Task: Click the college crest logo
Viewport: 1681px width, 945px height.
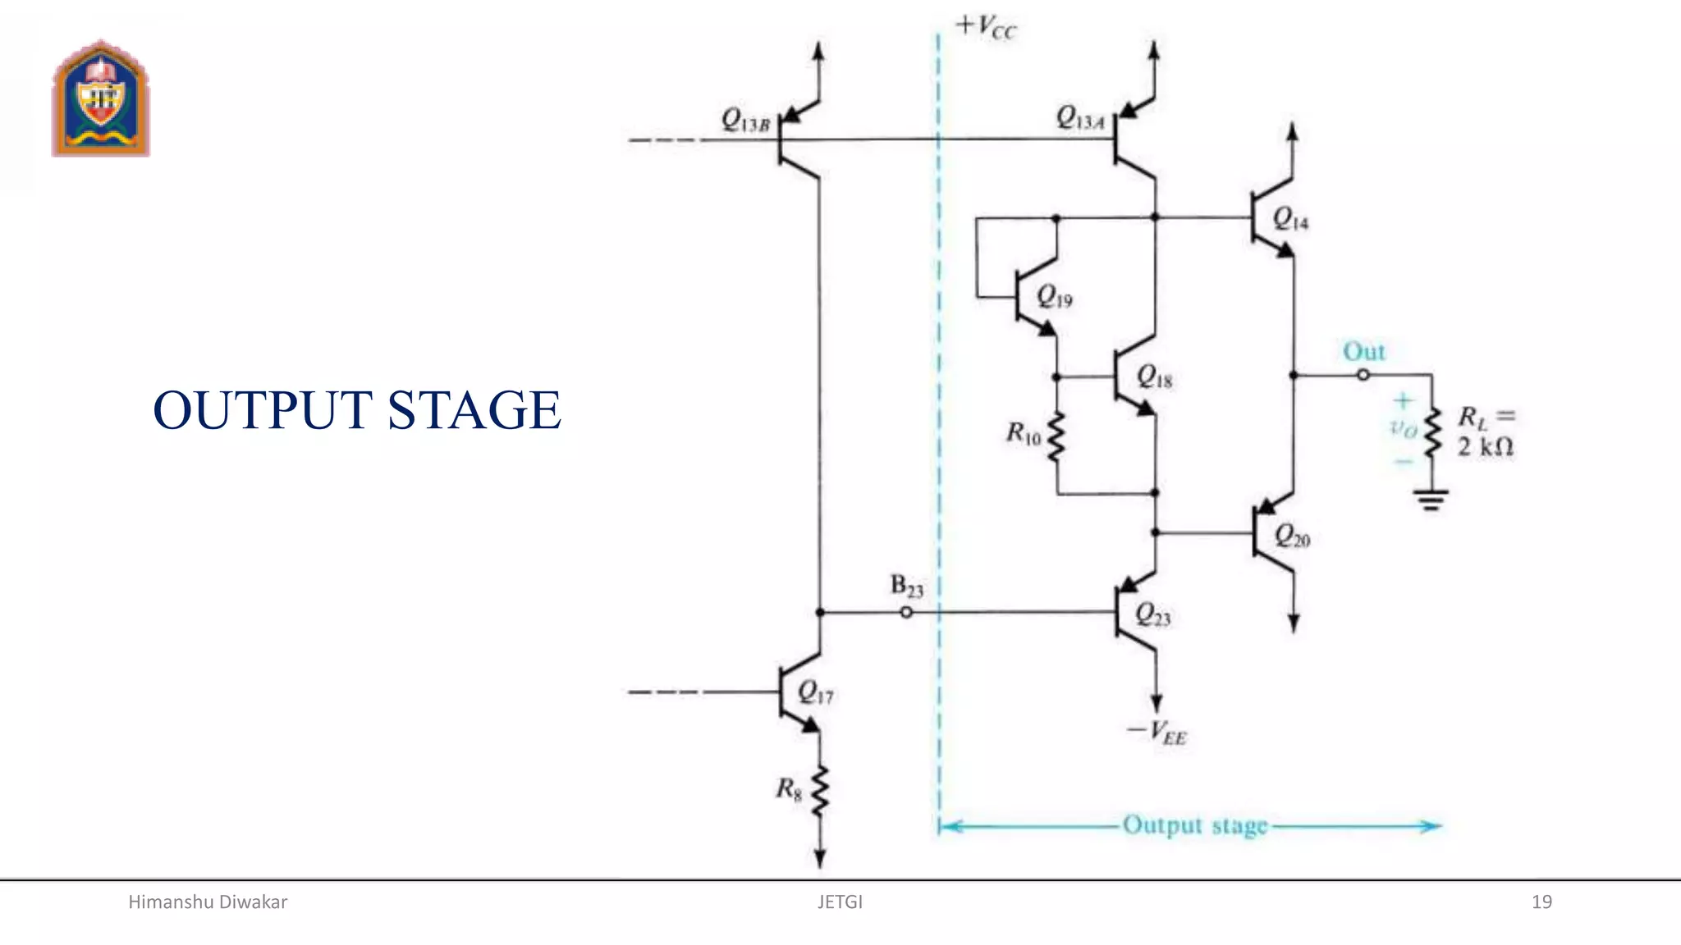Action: click(x=101, y=98)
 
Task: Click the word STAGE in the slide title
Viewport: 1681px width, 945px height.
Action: click(x=474, y=410)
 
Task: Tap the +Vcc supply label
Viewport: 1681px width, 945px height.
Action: click(x=986, y=27)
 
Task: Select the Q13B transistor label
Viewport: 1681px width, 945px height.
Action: click(x=745, y=121)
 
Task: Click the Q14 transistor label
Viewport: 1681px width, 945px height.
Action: click(x=1290, y=219)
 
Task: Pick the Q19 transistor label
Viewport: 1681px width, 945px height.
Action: click(x=1054, y=296)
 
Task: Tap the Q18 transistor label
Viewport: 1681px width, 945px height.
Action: click(x=1154, y=377)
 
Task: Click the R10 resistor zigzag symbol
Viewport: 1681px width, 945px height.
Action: click(x=1056, y=436)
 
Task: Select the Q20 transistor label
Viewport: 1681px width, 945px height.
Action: click(x=1292, y=537)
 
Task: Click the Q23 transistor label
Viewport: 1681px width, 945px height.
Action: click(x=1152, y=614)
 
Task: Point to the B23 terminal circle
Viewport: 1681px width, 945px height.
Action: click(x=906, y=612)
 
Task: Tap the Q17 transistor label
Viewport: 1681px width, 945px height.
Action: click(x=815, y=693)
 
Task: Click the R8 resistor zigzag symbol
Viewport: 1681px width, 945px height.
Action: click(x=819, y=792)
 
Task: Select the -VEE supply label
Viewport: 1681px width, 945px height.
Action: click(x=1157, y=732)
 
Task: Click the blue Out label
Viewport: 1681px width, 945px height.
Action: click(x=1363, y=352)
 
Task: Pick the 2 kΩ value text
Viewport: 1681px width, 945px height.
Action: click(x=1485, y=447)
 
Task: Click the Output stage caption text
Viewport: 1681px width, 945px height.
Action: click(x=1195, y=825)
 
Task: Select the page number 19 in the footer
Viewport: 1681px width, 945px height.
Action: click(x=1541, y=902)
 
